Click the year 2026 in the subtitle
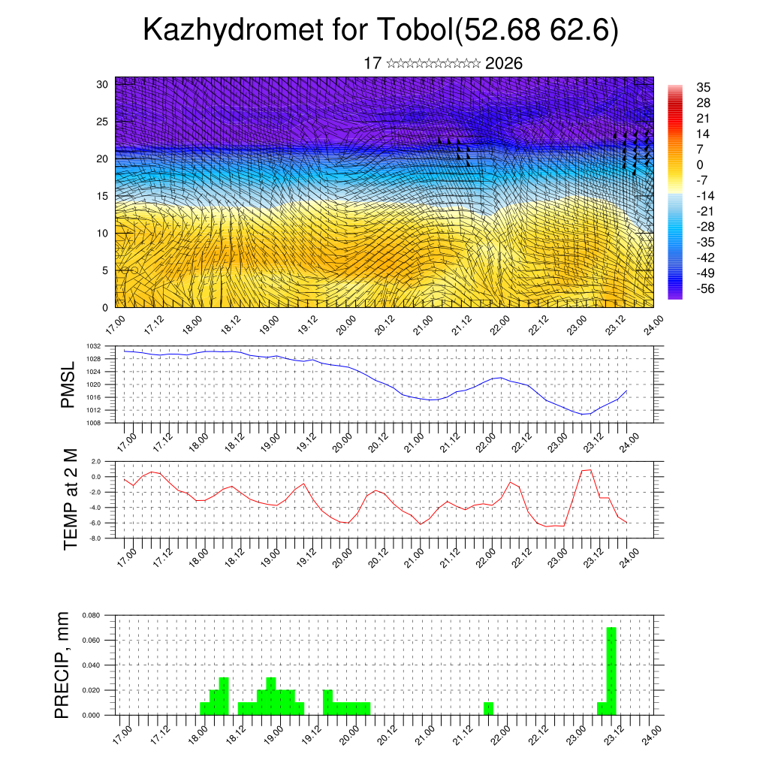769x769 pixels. [x=504, y=64]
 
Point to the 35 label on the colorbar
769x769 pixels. [x=703, y=87]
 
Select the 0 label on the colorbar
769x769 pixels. [x=700, y=164]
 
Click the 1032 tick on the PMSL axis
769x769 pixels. [x=92, y=346]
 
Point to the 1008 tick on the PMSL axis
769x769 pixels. [x=92, y=423]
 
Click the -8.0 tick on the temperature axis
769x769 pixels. [x=95, y=538]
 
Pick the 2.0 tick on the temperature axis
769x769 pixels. [x=96, y=461]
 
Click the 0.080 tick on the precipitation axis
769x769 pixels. [x=92, y=615]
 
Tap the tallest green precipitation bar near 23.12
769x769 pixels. [x=611, y=671]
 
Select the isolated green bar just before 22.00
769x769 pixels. [x=488, y=708]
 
